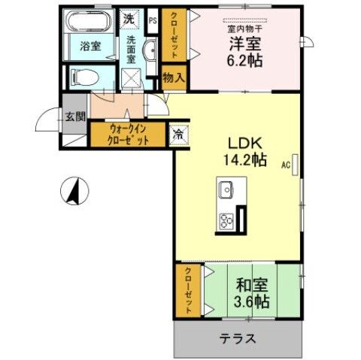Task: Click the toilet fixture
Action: coord(84,76)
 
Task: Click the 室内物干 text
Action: coord(246,29)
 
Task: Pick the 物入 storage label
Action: coord(174,77)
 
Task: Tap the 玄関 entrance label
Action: coord(74,117)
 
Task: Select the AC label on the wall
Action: coord(287,164)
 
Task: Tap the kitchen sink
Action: coord(226,188)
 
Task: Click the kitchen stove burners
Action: coord(226,219)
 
